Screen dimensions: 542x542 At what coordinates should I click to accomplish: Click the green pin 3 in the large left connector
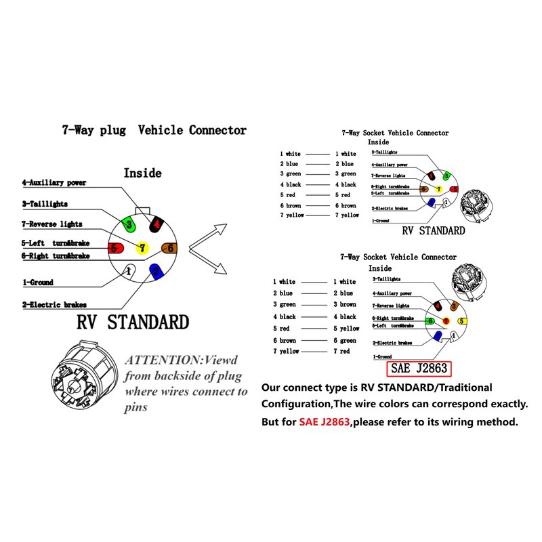pyautogui.click(x=127, y=224)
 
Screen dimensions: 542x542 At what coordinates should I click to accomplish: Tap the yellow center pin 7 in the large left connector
pyautogui.click(x=142, y=248)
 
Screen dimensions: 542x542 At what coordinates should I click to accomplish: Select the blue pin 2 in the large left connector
pyautogui.click(x=156, y=272)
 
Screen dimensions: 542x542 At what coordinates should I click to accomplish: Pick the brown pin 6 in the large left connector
pyautogui.click(x=169, y=248)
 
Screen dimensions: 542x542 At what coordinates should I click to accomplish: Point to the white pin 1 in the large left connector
pyautogui.click(x=127, y=271)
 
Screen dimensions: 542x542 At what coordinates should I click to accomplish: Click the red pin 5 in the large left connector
pyautogui.click(x=114, y=248)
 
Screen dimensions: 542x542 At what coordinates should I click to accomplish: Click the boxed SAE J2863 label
pyautogui.click(x=419, y=369)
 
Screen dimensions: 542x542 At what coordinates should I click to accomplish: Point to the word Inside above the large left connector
pyautogui.click(x=142, y=173)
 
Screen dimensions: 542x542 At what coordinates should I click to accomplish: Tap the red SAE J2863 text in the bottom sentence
pyautogui.click(x=324, y=421)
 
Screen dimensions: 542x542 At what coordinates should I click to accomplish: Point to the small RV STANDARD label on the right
pyautogui.click(x=434, y=230)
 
